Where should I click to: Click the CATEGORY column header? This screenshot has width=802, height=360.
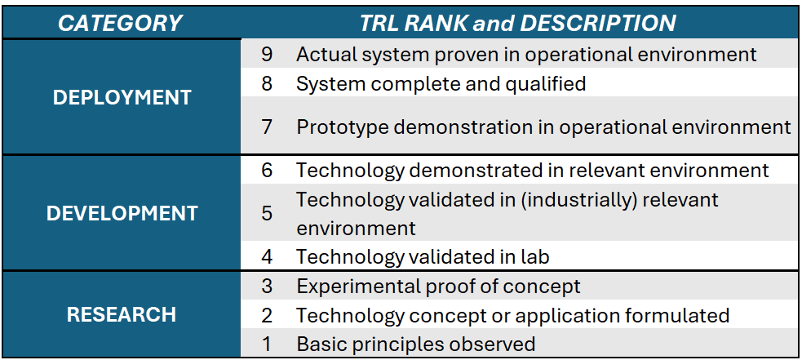tap(120, 23)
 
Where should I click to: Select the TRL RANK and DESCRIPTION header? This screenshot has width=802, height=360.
tap(518, 23)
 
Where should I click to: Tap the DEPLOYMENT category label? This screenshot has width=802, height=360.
tap(122, 98)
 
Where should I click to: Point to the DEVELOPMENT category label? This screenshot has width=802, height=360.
tap(122, 213)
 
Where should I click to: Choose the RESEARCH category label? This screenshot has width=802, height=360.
tap(122, 314)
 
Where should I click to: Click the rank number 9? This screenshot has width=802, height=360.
tap(267, 54)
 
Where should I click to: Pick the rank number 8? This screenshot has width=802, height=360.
tap(267, 83)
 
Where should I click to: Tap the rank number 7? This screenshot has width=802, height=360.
tap(267, 127)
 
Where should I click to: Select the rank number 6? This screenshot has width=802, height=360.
tap(267, 170)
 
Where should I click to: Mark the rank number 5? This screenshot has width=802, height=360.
tap(267, 213)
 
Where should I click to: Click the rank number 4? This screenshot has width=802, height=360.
tap(267, 256)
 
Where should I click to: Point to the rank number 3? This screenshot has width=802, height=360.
tap(267, 286)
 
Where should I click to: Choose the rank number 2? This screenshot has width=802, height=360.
tap(267, 315)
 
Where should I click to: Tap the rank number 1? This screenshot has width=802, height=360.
tap(267, 344)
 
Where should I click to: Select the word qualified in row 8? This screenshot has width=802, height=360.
tap(546, 84)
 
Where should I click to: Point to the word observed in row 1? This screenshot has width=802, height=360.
tap(493, 344)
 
